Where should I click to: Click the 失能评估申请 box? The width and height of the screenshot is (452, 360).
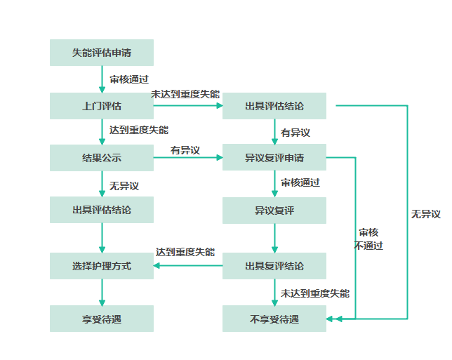[x=102, y=53]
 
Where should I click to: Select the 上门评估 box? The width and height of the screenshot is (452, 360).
[x=102, y=106]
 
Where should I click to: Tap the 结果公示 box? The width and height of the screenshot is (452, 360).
[x=102, y=158]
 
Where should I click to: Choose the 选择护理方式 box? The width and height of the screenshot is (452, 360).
[x=102, y=266]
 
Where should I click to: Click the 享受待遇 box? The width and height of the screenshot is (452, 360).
[x=102, y=319]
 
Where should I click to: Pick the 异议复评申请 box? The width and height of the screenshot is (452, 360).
[x=274, y=158]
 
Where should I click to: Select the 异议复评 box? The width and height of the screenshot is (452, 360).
[x=274, y=210]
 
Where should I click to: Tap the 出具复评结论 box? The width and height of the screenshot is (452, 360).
[x=274, y=266]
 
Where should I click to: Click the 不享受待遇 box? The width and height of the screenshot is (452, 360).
[x=274, y=319]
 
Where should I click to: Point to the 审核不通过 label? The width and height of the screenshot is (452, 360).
[x=369, y=239]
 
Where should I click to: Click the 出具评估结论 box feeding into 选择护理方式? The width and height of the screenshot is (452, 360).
[x=102, y=210]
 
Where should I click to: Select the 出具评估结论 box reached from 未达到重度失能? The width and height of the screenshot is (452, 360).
[x=274, y=106]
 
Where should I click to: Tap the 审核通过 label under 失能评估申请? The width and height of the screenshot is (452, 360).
[x=129, y=79]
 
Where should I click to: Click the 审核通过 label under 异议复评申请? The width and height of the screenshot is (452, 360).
[x=300, y=182]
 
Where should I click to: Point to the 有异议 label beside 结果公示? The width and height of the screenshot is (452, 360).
[x=185, y=150]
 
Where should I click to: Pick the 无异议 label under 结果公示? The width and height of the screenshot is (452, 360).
[x=124, y=186]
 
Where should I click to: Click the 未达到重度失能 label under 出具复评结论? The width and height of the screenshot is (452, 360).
[x=315, y=293]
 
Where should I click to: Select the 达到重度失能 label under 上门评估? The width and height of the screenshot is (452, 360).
[x=139, y=130]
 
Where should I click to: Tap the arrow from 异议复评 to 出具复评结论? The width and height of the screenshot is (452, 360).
[x=274, y=238]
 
